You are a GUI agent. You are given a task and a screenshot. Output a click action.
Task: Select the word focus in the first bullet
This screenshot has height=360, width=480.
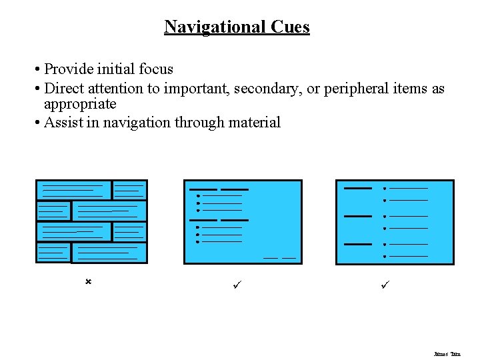[155, 69]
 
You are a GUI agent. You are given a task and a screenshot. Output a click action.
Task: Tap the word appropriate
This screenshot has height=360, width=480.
[80, 105]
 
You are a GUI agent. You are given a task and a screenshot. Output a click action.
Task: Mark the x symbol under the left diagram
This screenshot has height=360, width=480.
[87, 283]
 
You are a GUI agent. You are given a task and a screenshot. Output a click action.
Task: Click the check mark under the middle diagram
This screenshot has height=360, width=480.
[236, 285]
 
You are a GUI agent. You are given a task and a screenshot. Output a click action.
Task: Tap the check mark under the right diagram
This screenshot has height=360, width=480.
[385, 285]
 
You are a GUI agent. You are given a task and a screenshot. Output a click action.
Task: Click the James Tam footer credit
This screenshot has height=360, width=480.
[447, 354]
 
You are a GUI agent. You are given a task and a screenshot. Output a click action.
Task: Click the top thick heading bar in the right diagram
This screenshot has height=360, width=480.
[357, 189]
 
